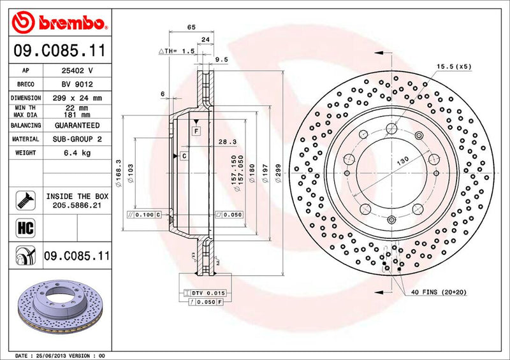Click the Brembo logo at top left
point(58,23)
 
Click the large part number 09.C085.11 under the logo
point(58,50)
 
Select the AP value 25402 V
point(76,71)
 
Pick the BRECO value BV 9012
point(76,84)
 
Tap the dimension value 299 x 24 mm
point(76,98)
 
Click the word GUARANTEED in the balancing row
point(76,126)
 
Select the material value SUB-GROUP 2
point(76,139)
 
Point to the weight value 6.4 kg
point(76,153)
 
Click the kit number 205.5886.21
point(76,205)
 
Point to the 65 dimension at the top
point(191,27)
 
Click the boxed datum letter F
point(196,131)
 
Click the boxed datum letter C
point(184,155)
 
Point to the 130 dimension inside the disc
point(404,162)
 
